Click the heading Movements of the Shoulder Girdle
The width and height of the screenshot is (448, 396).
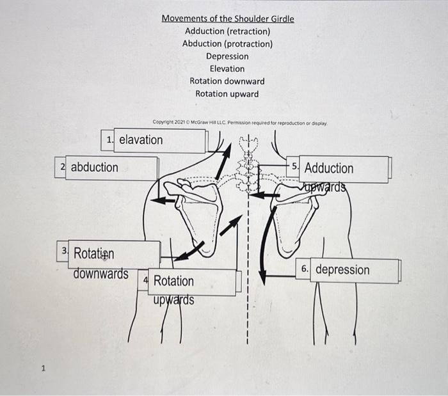[227, 19]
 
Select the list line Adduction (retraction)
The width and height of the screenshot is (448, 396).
[227, 31]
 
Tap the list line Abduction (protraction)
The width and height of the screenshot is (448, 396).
[227, 44]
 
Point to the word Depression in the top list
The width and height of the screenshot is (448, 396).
[227, 56]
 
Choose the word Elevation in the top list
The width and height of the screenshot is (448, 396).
[227, 68]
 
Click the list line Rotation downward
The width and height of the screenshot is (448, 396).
[227, 81]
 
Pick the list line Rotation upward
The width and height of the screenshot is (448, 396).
[227, 94]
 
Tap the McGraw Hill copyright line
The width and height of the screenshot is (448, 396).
[240, 122]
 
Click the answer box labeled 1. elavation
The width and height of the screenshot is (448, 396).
[154, 140]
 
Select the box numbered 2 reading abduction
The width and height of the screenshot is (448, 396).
[106, 168]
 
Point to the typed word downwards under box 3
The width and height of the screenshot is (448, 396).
[100, 274]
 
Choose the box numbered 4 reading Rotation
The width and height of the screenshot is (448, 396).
[192, 281]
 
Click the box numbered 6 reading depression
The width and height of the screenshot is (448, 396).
[349, 270]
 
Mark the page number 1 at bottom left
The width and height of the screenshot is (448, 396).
[43, 368]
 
